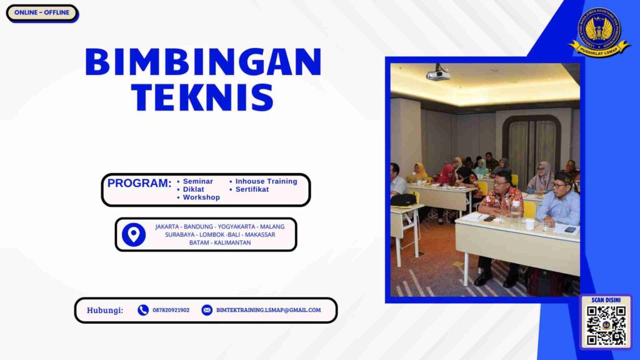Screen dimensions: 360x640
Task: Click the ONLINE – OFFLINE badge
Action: point(42,12)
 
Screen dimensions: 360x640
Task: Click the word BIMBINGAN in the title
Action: point(203,62)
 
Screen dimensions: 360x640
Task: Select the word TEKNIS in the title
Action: point(203,97)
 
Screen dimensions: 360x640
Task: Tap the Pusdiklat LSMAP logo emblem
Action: point(599,31)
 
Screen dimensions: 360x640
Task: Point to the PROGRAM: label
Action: point(139,183)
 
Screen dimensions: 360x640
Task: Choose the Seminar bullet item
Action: point(197,181)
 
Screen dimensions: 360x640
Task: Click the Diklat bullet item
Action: point(194,189)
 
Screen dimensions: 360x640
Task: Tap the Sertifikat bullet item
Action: point(252,189)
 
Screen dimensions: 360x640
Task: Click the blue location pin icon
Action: point(134,234)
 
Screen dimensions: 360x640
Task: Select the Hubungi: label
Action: point(105,310)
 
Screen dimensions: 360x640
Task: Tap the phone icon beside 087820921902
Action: point(143,310)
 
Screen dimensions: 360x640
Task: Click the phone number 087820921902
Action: point(171,310)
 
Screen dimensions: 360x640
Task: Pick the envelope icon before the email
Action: point(207,310)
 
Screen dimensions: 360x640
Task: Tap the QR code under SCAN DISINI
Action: point(606,326)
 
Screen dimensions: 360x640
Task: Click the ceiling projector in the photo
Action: point(438,74)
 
